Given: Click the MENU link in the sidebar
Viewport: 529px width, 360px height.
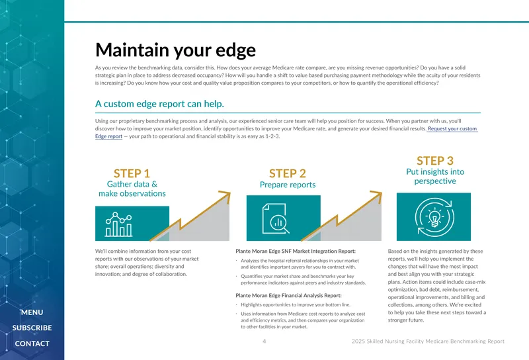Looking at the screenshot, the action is click(32, 312).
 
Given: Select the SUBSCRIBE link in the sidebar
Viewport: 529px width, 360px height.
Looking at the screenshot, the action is click(32, 328).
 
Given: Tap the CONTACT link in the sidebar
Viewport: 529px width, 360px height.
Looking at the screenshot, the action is click(32, 343).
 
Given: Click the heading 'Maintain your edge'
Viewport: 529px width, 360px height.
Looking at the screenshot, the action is click(175, 50).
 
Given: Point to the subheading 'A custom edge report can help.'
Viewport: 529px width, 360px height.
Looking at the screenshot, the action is click(159, 104).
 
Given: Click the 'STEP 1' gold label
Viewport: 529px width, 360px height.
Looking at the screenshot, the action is click(132, 173).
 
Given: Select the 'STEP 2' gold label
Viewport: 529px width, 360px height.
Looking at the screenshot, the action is click(288, 173).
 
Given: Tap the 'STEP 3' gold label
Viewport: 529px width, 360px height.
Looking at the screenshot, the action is click(435, 160).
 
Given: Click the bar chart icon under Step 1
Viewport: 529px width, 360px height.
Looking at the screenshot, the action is click(118, 224).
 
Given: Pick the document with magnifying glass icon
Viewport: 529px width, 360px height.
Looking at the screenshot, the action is click(276, 219).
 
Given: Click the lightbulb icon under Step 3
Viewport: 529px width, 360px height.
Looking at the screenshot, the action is click(434, 217).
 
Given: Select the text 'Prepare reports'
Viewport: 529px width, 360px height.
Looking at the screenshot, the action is click(288, 185).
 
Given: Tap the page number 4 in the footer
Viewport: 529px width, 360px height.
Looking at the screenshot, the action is click(264, 341).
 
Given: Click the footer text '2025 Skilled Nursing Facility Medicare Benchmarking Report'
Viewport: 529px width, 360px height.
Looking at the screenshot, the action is click(428, 341).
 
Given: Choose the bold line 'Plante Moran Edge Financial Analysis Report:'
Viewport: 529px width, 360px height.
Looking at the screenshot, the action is click(288, 296).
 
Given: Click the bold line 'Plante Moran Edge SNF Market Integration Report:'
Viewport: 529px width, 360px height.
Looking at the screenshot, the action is click(296, 251).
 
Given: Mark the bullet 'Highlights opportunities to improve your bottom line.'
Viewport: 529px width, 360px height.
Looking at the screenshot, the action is click(296, 304).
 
